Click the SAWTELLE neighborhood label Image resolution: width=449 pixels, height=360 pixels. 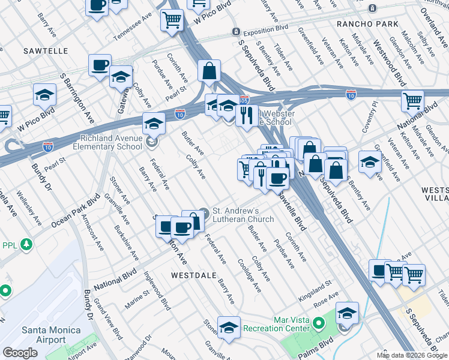pyautogui.click(x=46, y=51)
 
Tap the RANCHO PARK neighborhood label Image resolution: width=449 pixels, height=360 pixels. pyautogui.click(x=367, y=24)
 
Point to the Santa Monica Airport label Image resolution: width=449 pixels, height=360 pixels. pyautogui.click(x=43, y=335)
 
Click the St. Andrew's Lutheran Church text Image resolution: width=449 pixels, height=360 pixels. pyautogui.click(x=237, y=215)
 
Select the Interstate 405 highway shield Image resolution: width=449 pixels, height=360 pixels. pyautogui.click(x=244, y=100)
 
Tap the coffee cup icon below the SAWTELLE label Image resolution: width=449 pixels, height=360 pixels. pyautogui.click(x=100, y=65)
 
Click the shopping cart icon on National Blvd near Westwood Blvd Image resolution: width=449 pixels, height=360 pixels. pyautogui.click(x=412, y=101)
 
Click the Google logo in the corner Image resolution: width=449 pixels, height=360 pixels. pyautogui.click(x=20, y=353)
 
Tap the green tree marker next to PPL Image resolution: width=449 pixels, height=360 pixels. pyautogui.click(x=26, y=245)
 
